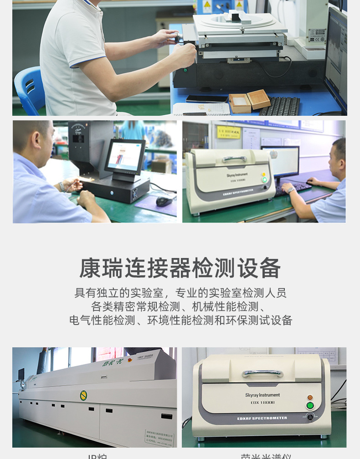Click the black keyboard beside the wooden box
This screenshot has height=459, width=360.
[279, 106]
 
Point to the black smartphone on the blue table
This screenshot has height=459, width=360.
[206, 98]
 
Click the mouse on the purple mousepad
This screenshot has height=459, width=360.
[164, 201]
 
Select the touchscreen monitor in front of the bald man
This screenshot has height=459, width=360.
[125, 156]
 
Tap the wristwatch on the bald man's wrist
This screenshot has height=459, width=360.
[62, 186]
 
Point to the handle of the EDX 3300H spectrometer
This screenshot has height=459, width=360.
[235, 159]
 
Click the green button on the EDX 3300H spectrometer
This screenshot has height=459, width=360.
[264, 180]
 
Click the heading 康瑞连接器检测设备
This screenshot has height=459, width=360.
[180, 268]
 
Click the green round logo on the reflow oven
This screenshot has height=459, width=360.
[83, 395]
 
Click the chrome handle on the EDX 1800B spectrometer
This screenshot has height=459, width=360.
[262, 373]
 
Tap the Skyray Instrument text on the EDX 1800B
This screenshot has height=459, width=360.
[262, 395]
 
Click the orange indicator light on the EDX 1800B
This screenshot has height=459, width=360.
[310, 397]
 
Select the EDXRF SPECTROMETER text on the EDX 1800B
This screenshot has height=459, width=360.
[263, 418]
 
